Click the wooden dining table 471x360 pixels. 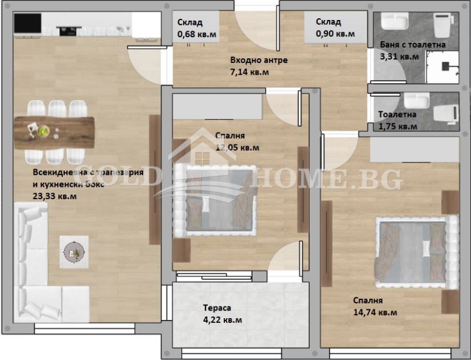54,128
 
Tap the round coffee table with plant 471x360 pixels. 74,252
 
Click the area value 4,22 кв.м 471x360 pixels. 223,320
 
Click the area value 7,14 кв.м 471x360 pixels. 250,72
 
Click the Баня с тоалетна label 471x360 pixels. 413,45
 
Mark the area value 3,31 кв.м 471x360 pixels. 400,57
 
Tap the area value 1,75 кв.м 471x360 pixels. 398,126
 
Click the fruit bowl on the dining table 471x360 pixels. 44,131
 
